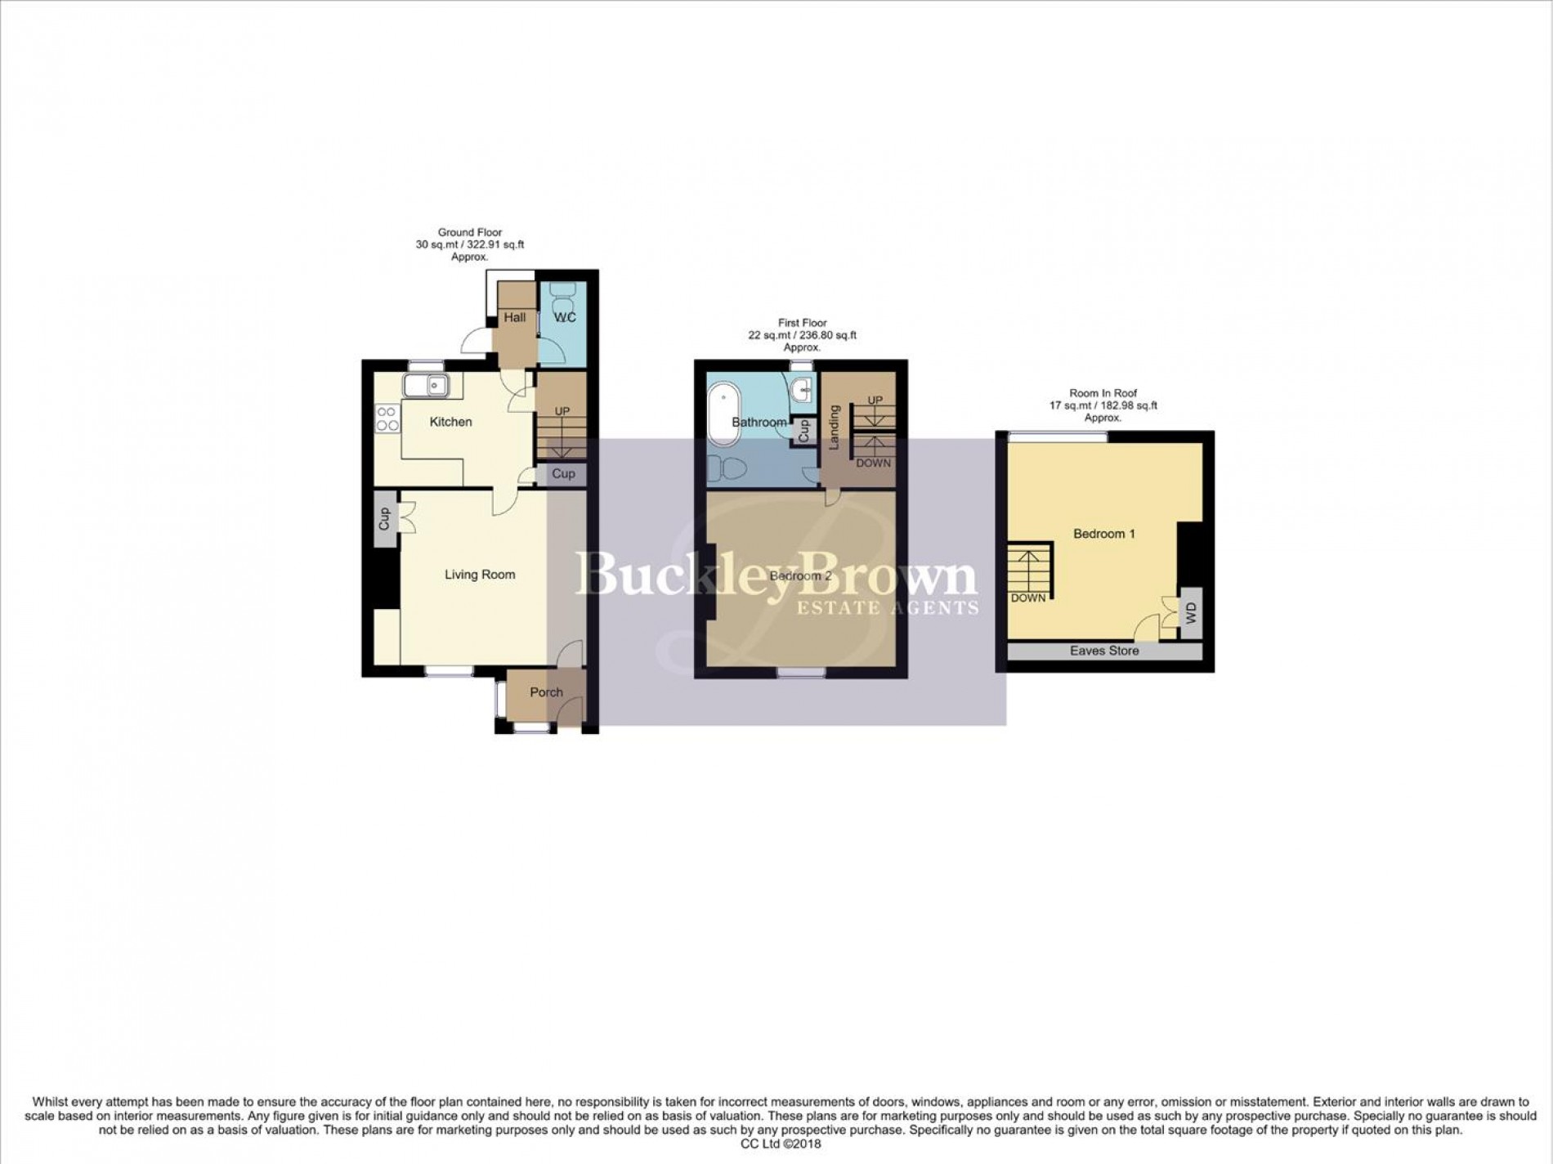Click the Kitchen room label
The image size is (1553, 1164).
(x=451, y=422)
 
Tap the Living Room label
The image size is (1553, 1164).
(x=480, y=575)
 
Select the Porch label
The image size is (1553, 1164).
(x=546, y=692)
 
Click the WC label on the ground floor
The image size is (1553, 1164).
(x=565, y=317)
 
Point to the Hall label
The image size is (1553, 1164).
(x=515, y=317)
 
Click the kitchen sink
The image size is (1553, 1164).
(x=426, y=384)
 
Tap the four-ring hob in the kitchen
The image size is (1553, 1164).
(x=387, y=419)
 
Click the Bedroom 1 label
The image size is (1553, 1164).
(x=1104, y=534)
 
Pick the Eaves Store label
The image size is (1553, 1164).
(x=1104, y=651)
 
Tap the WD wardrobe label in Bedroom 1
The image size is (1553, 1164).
(x=1191, y=612)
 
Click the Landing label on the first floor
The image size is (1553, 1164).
(x=835, y=428)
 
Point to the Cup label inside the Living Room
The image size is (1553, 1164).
(x=384, y=518)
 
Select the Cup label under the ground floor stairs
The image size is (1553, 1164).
(x=563, y=473)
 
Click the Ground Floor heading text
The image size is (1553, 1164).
(x=470, y=232)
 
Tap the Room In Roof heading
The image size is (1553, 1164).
(x=1103, y=393)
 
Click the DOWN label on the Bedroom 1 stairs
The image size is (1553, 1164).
(x=1028, y=598)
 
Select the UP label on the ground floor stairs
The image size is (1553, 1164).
(x=562, y=411)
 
